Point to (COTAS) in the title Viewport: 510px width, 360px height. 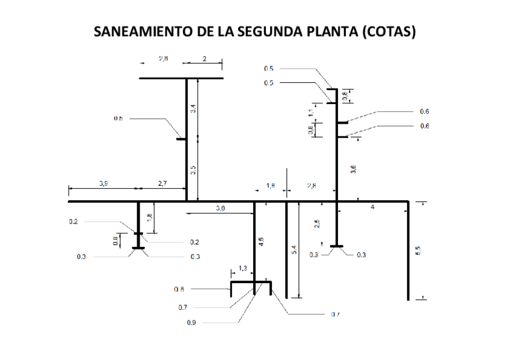389,31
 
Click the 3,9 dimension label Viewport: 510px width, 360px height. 103,183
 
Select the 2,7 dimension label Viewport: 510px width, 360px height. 162,183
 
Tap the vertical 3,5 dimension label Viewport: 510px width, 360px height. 193,170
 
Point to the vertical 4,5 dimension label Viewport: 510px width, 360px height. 260,242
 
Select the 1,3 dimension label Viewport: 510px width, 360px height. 243,267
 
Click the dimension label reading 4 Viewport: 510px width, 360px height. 373,207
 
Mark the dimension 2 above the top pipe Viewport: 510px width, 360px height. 204,59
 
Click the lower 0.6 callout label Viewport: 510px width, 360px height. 425,126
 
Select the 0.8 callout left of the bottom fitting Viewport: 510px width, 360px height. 179,289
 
